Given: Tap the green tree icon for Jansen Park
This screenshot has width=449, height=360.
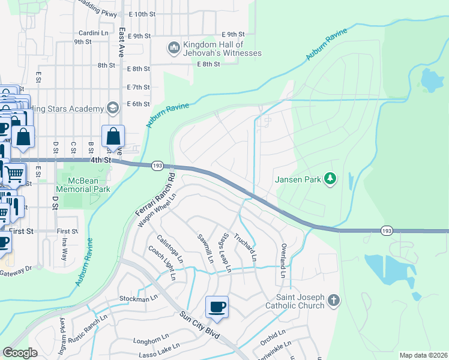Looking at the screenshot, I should [330, 179].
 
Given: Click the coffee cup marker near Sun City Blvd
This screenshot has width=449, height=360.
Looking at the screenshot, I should [217, 307].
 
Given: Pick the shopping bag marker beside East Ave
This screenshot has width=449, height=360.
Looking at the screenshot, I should [113, 137].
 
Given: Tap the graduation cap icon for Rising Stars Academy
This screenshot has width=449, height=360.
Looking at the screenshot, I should [112, 108].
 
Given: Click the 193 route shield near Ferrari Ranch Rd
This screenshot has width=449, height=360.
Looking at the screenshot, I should [158, 165].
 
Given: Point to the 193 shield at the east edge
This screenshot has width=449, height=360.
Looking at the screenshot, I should [387, 230].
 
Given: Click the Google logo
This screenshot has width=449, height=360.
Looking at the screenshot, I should [20, 353].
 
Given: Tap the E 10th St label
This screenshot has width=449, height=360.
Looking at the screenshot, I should [141, 14].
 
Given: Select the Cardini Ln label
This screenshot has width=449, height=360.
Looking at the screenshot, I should [92, 33].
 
